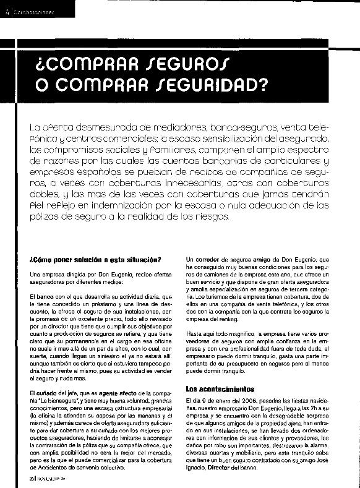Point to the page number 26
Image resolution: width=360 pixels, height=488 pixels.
click(31, 477)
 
